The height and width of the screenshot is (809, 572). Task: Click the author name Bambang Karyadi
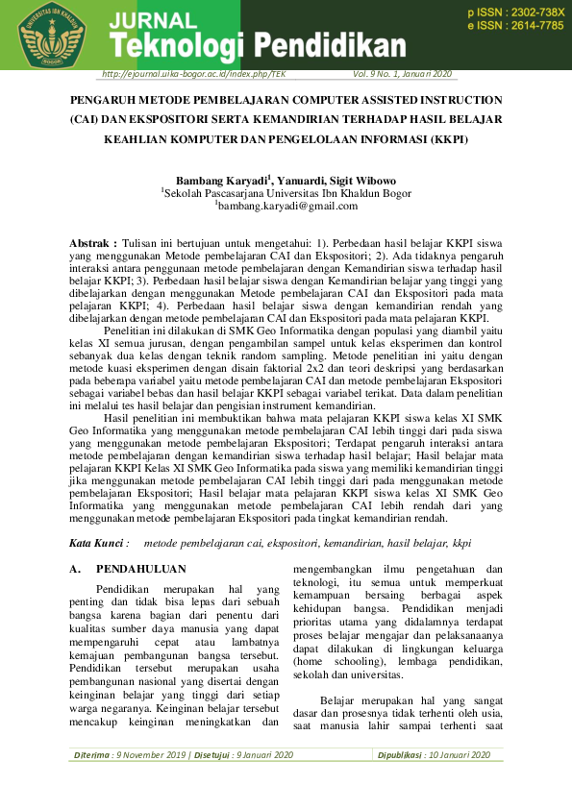[x=224, y=180]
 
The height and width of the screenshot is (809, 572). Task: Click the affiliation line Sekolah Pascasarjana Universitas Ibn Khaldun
[x=286, y=192]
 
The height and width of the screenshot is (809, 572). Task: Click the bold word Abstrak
[x=94, y=244]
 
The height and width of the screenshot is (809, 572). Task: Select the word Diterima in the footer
[x=92, y=755]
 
